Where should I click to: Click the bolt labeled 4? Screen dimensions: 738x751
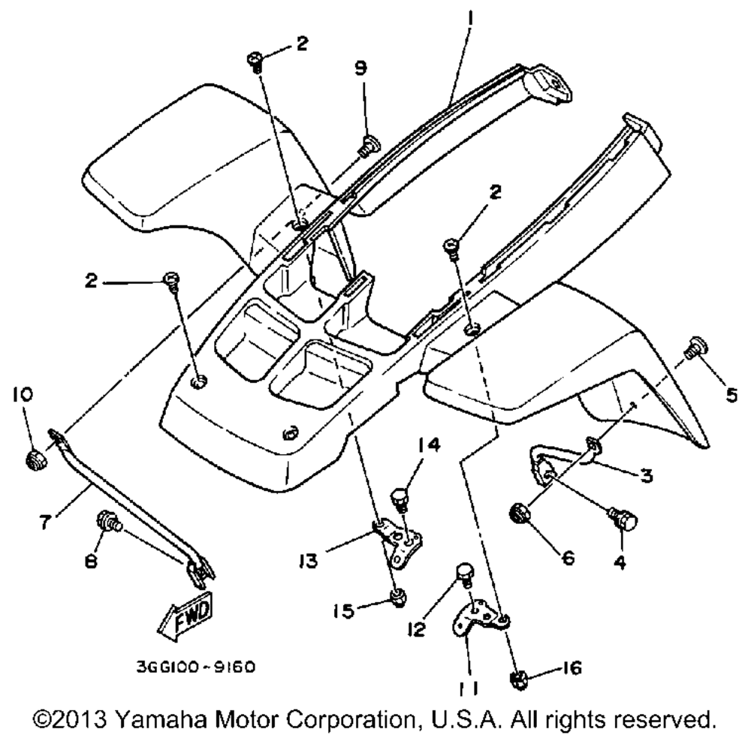623,518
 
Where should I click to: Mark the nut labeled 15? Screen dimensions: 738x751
398,597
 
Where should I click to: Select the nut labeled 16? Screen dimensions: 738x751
517,680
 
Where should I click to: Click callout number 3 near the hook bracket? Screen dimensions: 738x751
646,475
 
